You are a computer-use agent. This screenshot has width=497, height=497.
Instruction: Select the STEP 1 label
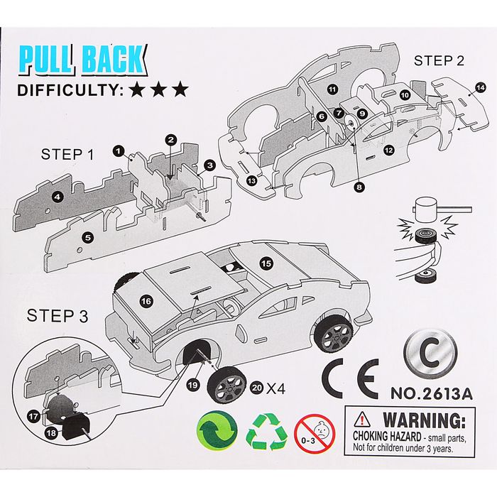click(x=67, y=153)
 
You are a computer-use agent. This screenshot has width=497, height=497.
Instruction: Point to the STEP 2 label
click(x=439, y=60)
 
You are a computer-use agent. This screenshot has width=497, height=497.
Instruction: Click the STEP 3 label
click(x=53, y=315)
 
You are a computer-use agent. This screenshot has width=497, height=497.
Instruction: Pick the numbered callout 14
click(x=480, y=87)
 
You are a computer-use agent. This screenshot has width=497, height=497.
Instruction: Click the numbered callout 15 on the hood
click(x=266, y=263)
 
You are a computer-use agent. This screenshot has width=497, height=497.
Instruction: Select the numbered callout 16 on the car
click(x=146, y=301)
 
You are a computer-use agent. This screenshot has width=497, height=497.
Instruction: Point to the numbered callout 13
click(x=251, y=180)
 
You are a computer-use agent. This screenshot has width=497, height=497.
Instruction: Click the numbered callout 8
click(x=359, y=187)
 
